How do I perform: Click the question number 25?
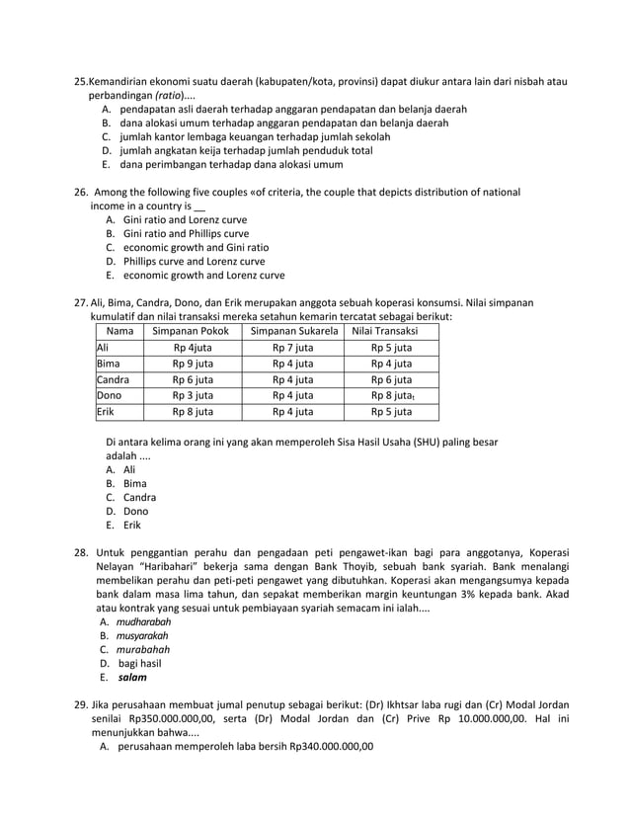82,80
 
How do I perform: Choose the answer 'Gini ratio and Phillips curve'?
185,233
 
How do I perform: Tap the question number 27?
82,302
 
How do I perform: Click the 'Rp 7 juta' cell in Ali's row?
293,348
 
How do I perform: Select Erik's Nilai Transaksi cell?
391,412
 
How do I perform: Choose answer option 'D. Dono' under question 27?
133,512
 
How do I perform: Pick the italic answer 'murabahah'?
143,650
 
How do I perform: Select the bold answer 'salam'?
130,678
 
